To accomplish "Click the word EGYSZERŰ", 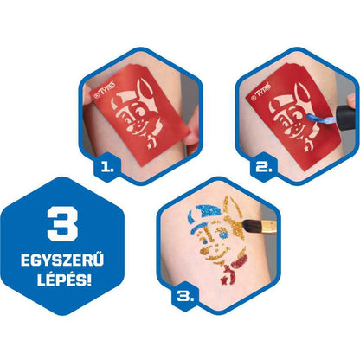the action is click(x=62, y=260).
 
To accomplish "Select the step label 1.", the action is click(x=107, y=167).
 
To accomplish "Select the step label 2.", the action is click(x=264, y=167).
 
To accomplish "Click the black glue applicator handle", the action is click(x=345, y=118).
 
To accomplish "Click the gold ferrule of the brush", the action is click(x=268, y=227).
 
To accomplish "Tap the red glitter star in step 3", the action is click(x=223, y=280).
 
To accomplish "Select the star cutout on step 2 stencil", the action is click(x=306, y=150).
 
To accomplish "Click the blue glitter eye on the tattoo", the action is click(x=222, y=235).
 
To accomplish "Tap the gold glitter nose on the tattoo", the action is click(x=206, y=250).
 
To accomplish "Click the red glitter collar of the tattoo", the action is click(x=241, y=262).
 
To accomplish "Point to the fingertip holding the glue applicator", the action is click(x=351, y=100).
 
